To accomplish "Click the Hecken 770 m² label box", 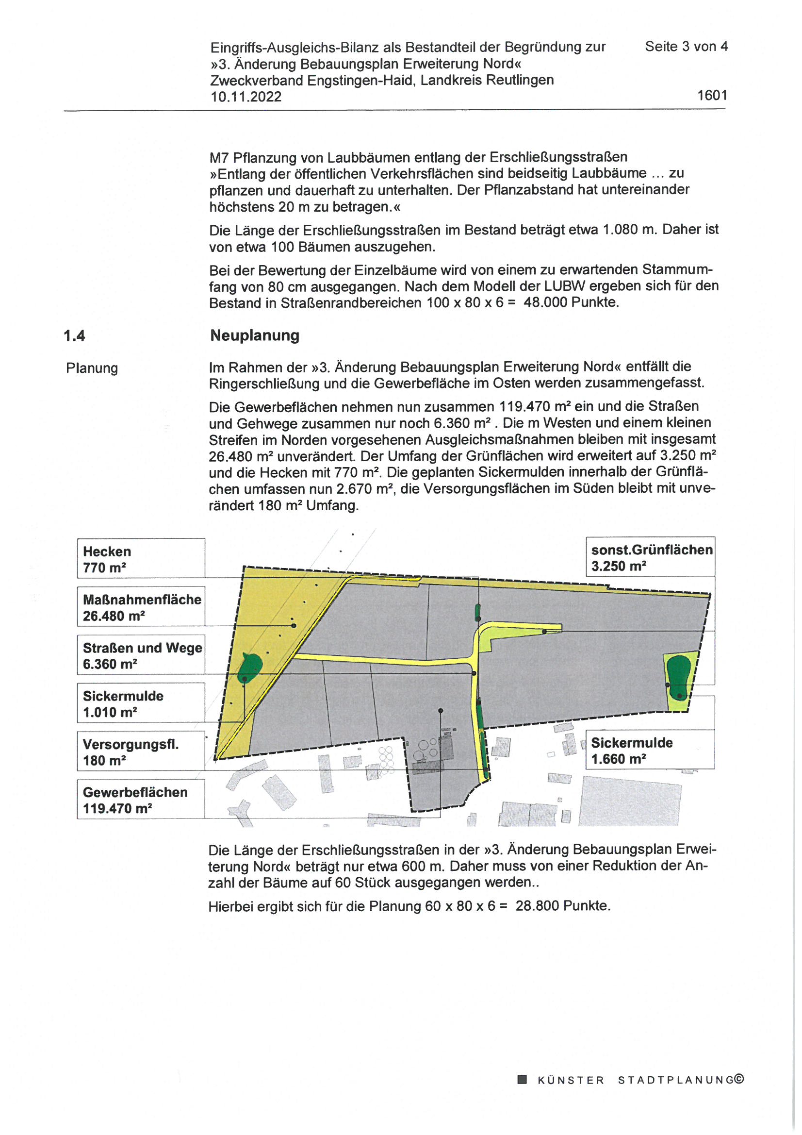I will (141, 558).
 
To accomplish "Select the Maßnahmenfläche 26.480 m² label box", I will (141, 606).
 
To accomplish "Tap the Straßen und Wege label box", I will (141, 655).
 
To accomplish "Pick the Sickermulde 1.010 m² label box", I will (141, 703).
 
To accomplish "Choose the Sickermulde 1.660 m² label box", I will (650, 750).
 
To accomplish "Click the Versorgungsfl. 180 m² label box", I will (141, 751).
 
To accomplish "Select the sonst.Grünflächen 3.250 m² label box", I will (650, 557).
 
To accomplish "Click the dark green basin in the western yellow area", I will (250, 668).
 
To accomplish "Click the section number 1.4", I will (74, 336).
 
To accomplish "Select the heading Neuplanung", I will (255, 335).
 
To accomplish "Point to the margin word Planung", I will (92, 368).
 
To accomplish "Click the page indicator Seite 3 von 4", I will (686, 47).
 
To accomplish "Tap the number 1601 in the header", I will (712, 95).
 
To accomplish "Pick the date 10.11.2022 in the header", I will (246, 97).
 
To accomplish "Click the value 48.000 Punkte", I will (571, 302).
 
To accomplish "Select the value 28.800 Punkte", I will (563, 906).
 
